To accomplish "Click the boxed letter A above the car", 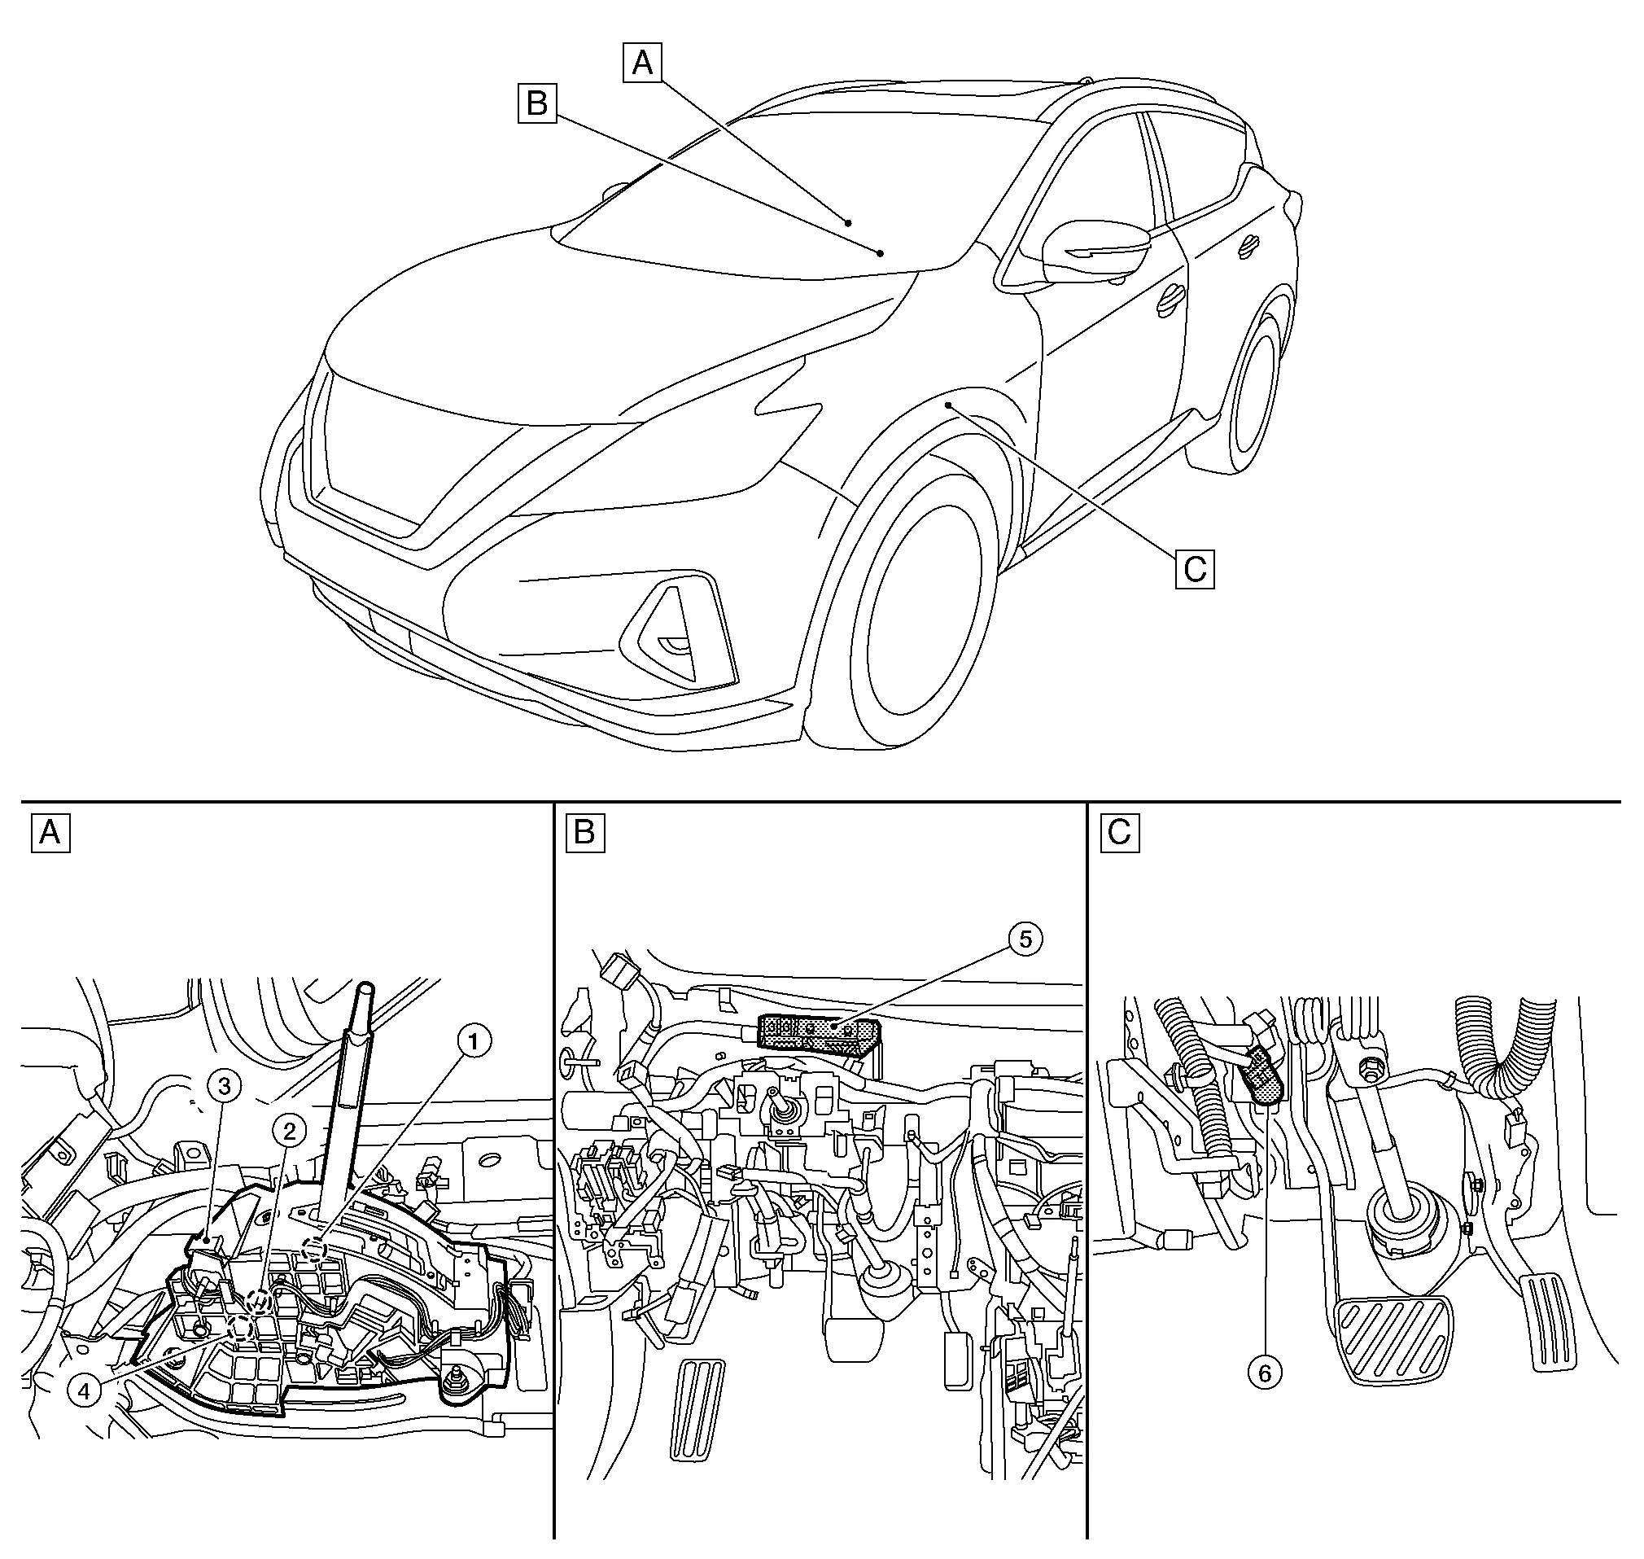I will click(x=642, y=63).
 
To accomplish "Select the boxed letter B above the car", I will click(x=537, y=103).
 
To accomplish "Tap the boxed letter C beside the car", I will click(x=1195, y=569).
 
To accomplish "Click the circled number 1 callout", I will click(x=474, y=1040).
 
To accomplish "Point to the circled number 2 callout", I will click(x=289, y=1130).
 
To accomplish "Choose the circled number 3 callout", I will click(x=225, y=1084).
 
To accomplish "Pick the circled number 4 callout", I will click(x=85, y=1389).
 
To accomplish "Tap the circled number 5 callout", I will click(x=1025, y=938).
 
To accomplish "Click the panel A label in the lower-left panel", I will click(x=50, y=832).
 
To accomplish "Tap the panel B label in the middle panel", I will click(x=584, y=832).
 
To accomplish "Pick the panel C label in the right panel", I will click(x=1119, y=832).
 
